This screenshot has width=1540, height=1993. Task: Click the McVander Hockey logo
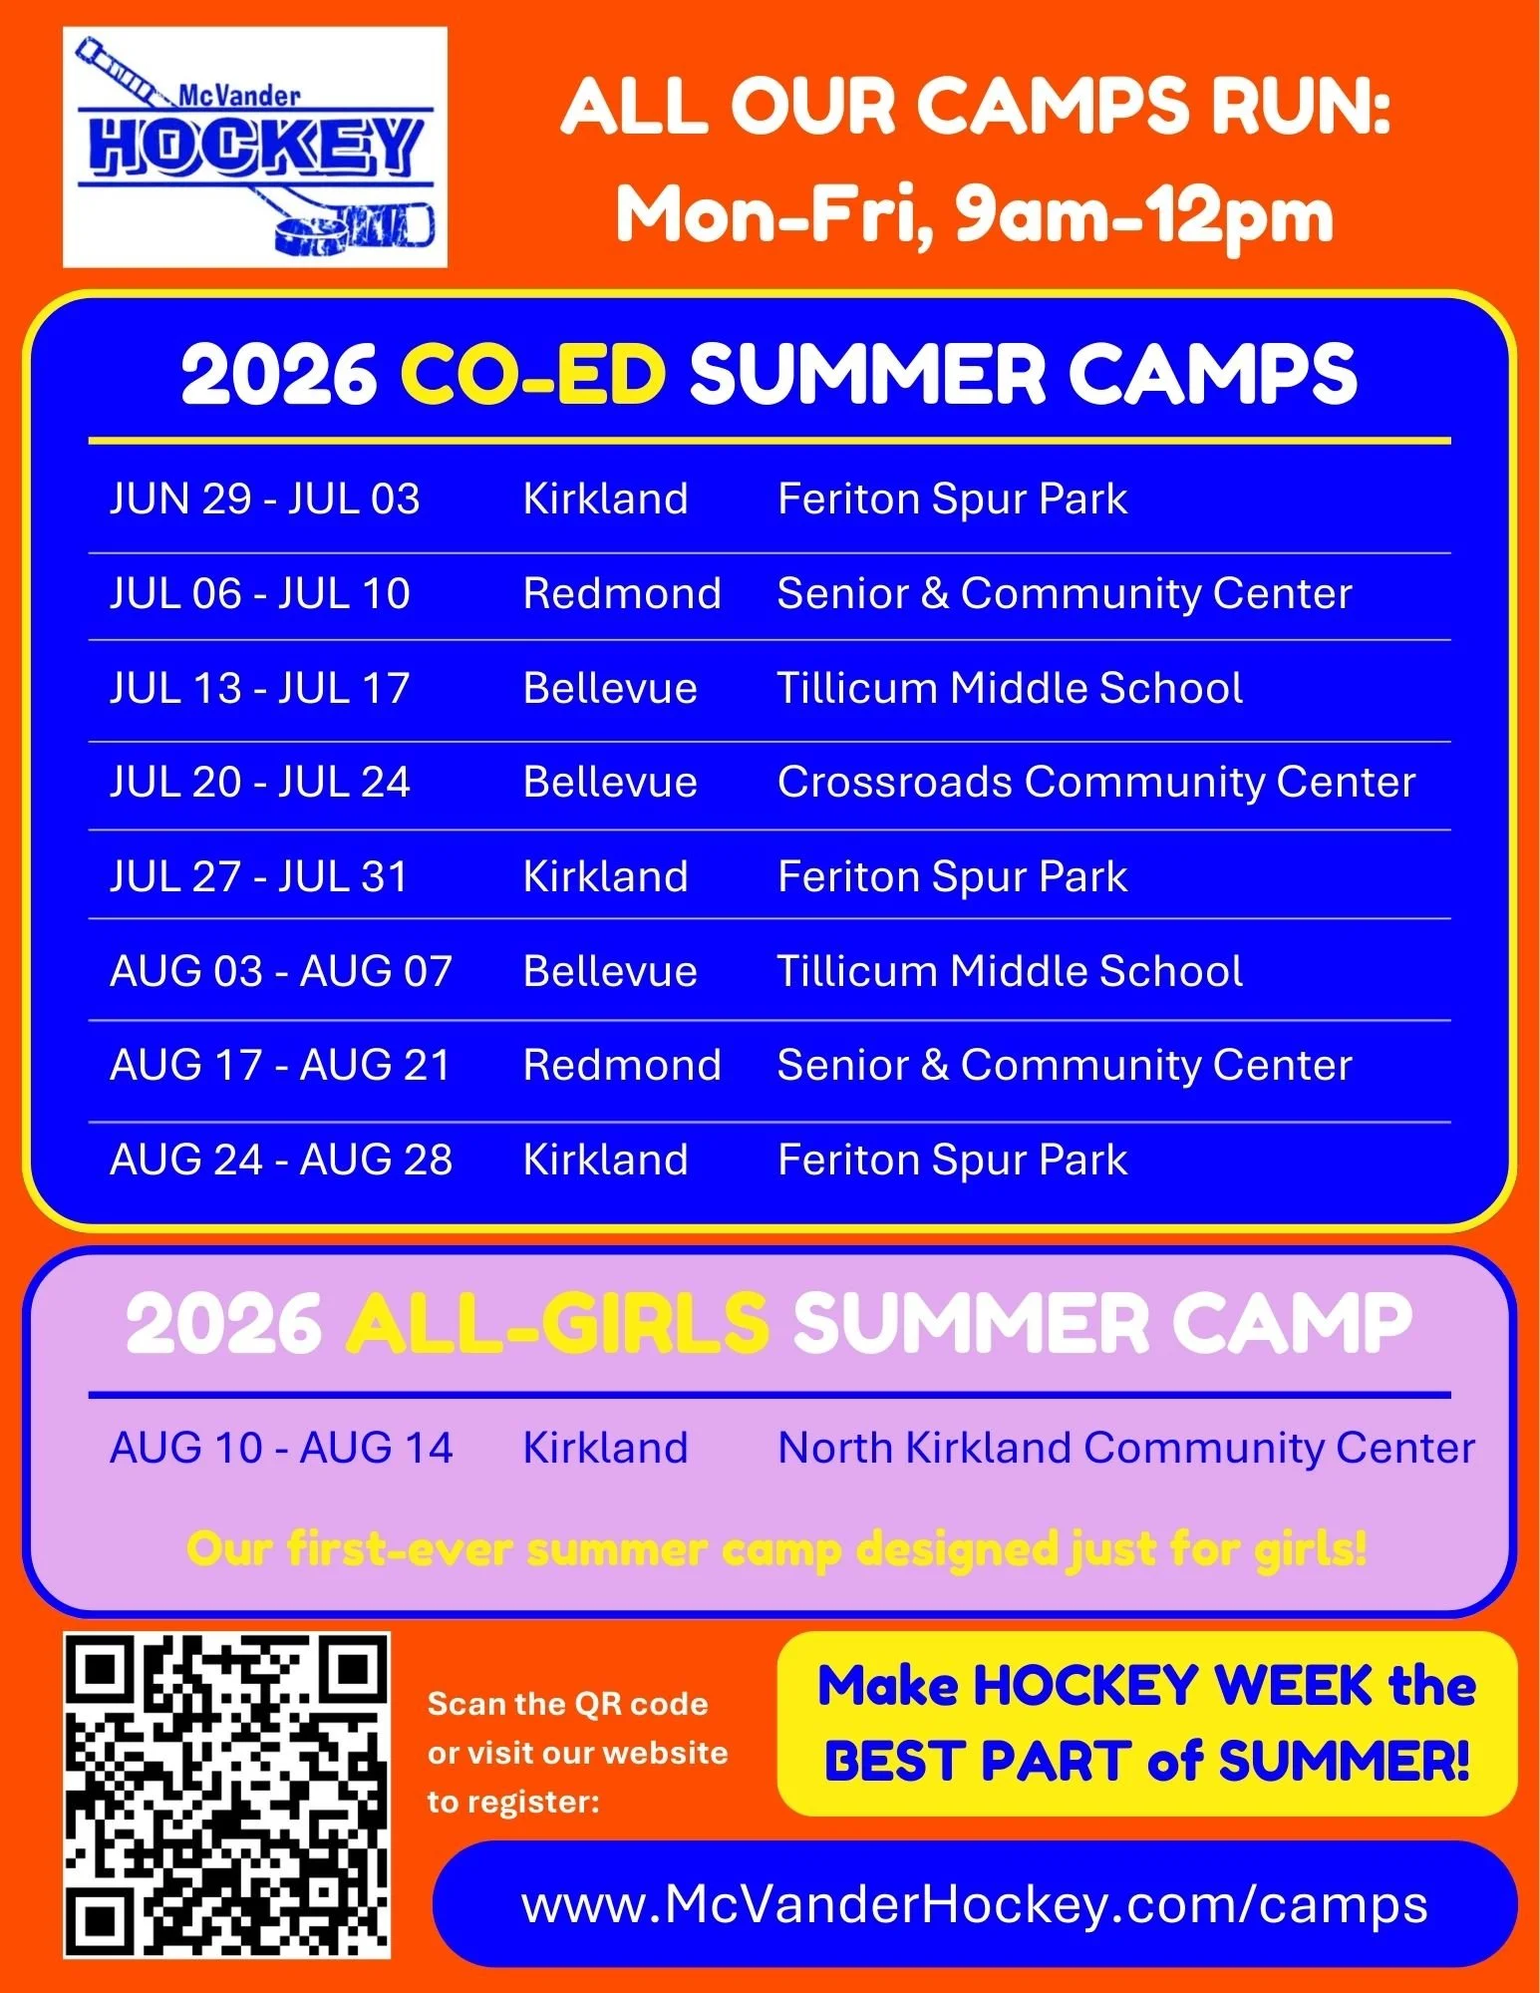coord(254,147)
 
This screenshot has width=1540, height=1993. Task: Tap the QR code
coord(226,1795)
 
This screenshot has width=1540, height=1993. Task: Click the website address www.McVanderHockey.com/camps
coord(974,1905)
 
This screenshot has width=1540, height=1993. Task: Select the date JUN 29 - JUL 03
coord(264,498)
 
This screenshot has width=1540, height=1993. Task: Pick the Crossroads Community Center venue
coord(1095,783)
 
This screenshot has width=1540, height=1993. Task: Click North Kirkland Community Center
coord(1125,1448)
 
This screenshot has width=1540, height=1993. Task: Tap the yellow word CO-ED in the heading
coord(532,375)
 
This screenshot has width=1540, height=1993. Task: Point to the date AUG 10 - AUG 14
coord(281,1448)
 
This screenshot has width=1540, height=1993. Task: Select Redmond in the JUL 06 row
coord(622,593)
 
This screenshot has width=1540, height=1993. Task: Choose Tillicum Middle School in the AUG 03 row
coord(1009,971)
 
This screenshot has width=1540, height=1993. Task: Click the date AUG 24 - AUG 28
coord(281,1160)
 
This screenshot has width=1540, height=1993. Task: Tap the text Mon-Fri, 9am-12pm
coord(974,215)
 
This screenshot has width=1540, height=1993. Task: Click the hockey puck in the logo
coord(310,235)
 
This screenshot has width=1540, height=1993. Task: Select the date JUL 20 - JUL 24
coord(259,783)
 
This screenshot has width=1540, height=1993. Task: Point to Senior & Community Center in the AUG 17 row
coord(1064,1065)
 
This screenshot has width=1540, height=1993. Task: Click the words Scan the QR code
coord(567,1704)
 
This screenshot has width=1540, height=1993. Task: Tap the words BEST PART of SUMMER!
coord(1146,1762)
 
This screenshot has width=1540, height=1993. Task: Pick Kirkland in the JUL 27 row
coord(605,877)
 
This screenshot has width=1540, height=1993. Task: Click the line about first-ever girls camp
coord(775,1549)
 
